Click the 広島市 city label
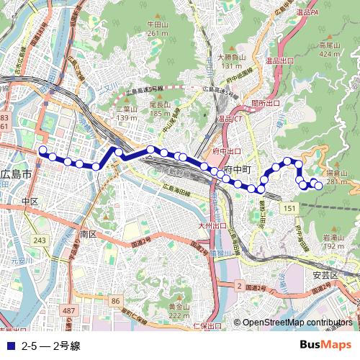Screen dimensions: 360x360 click(17, 175)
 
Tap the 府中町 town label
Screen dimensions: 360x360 click(237, 169)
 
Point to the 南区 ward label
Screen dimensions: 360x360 click(89, 235)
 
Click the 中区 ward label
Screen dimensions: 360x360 click(30, 202)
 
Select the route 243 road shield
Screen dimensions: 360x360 click(40, 240)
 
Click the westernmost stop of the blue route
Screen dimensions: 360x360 click(42, 151)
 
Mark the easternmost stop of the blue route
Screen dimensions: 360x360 click(318, 186)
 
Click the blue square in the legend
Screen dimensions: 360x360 click(9, 346)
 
